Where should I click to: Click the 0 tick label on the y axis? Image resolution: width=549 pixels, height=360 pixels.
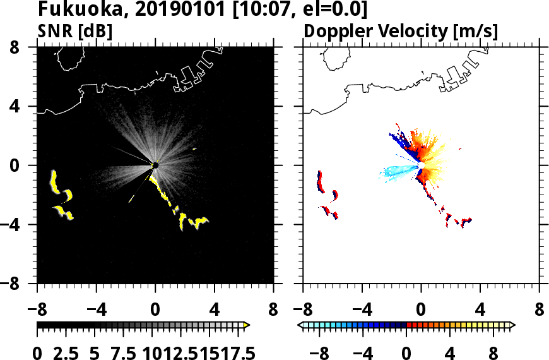pyautogui.click(x=25, y=165)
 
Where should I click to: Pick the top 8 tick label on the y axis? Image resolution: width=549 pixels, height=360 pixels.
pyautogui.click(x=25, y=47)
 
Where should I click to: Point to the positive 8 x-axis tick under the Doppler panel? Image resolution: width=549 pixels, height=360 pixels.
pyautogui.click(x=540, y=311)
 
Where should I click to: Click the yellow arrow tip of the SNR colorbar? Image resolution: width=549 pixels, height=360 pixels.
pyautogui.click(x=247, y=325)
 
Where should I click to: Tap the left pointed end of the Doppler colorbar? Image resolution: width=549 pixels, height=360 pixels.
pyautogui.click(x=300, y=325)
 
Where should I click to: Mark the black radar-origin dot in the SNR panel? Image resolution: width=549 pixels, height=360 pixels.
pyautogui.click(x=155, y=165)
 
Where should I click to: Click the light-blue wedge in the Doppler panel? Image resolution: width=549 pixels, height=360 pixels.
pyautogui.click(x=398, y=171)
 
